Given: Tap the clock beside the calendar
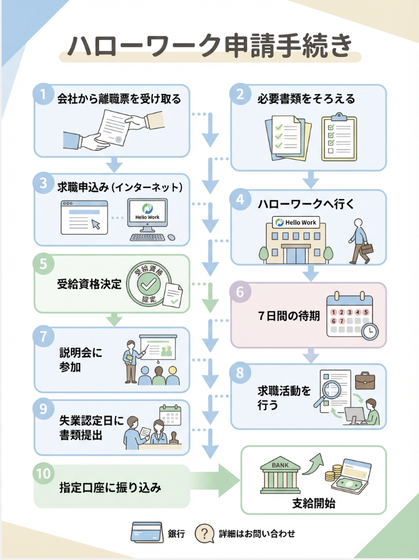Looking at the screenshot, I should tap(370, 332).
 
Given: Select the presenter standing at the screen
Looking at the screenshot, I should tap(131, 360).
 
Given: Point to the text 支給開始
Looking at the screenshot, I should tap(313, 505).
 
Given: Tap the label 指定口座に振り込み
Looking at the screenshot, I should tap(110, 488).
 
